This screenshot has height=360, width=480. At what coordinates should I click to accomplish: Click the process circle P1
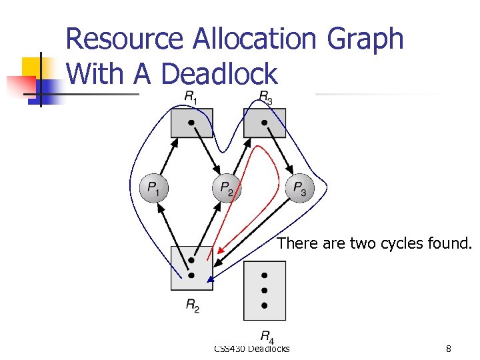tap(154, 189)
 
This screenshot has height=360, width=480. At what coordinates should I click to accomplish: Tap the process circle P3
tap(301, 189)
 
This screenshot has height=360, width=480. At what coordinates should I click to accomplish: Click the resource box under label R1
tap(191, 123)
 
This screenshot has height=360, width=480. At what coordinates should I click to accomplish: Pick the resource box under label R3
tap(265, 123)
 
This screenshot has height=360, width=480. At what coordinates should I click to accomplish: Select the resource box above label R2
tap(191, 268)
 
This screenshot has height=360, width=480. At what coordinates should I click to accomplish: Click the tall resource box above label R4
tap(265, 291)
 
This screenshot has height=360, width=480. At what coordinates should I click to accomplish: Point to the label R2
tap(191, 306)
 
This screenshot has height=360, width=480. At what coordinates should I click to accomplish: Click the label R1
tap(191, 97)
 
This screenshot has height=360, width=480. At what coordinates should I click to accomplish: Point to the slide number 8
tap(449, 348)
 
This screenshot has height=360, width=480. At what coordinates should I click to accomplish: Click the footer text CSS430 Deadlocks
tap(252, 348)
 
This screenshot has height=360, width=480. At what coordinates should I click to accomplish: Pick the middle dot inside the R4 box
tap(265, 291)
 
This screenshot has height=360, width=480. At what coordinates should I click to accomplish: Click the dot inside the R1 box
tap(191, 123)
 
